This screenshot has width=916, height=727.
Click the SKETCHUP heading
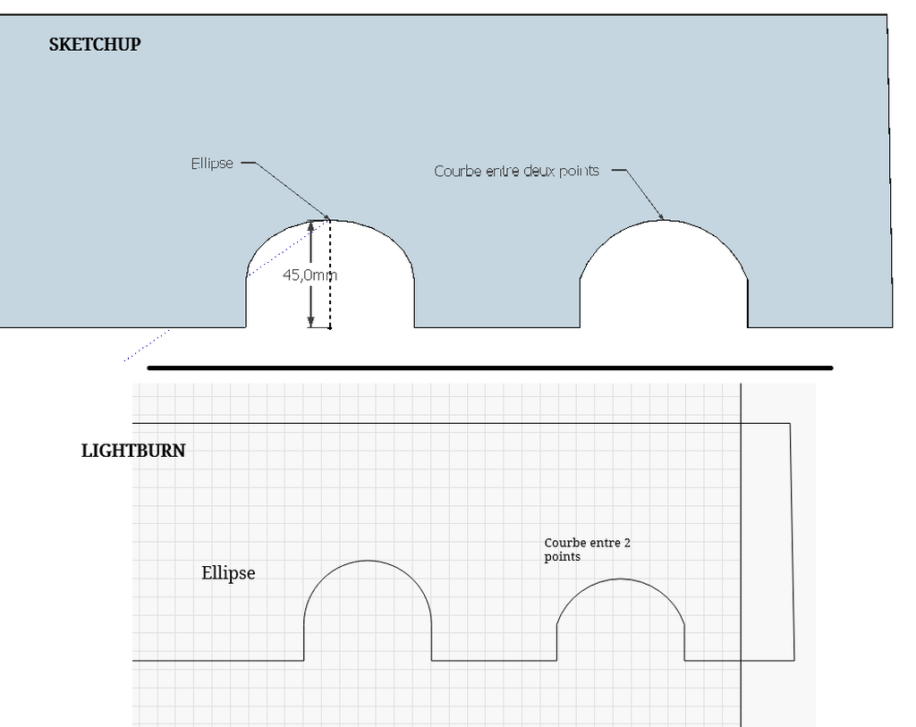95,45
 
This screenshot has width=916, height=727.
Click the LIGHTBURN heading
133,451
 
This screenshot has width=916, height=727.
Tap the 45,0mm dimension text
310,275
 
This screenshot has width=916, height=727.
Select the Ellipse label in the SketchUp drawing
212,163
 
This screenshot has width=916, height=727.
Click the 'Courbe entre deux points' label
516,171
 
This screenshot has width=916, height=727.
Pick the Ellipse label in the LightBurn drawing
228,573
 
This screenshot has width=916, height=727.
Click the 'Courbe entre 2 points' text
587,549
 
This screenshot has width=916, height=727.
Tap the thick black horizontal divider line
490,368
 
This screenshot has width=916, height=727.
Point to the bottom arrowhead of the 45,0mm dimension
310,322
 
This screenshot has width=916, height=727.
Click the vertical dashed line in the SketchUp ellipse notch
330,275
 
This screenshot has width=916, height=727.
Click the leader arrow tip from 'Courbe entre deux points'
663,219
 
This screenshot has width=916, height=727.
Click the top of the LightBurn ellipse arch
368,561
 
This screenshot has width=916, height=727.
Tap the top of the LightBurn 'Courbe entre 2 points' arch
621,579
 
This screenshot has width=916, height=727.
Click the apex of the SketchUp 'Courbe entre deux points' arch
665,221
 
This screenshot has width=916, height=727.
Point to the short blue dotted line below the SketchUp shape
147,346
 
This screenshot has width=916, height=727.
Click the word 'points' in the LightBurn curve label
562,557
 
